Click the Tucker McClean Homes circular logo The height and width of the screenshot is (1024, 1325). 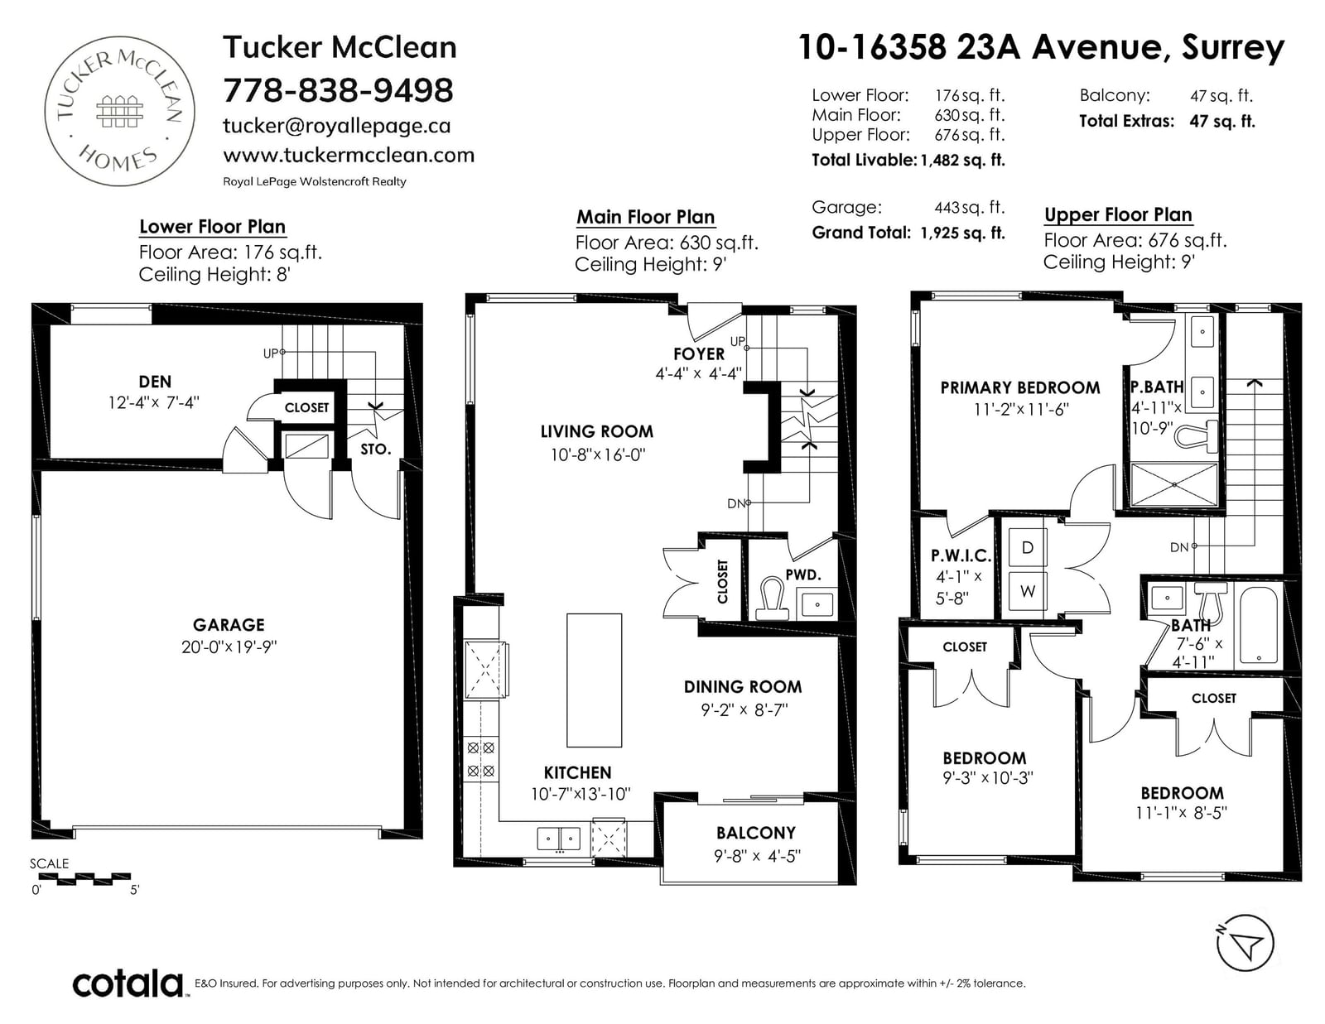coord(119,111)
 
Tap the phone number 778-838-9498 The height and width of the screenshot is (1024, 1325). coord(338,90)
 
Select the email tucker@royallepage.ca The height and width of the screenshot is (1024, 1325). coord(336,126)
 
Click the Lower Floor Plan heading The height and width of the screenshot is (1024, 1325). coord(212,226)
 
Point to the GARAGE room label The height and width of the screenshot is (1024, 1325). coord(229,625)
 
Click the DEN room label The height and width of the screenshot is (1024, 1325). coord(155,382)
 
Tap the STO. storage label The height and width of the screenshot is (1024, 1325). coord(376,450)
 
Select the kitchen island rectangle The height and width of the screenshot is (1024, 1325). coord(594,680)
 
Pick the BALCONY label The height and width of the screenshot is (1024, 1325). coord(756,833)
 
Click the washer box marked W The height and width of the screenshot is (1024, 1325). coord(1028,590)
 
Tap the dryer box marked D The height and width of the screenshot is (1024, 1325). coord(1028,548)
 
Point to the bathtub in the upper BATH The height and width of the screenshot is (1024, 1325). coord(1259,625)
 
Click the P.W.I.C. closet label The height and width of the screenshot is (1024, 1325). coord(961,555)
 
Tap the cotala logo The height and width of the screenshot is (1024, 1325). coord(128,983)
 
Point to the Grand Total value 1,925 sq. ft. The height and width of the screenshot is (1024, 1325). coord(963,233)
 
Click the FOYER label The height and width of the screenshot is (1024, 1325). coord(699,354)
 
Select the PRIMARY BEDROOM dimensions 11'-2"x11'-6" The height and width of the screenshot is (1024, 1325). coord(1021,410)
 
